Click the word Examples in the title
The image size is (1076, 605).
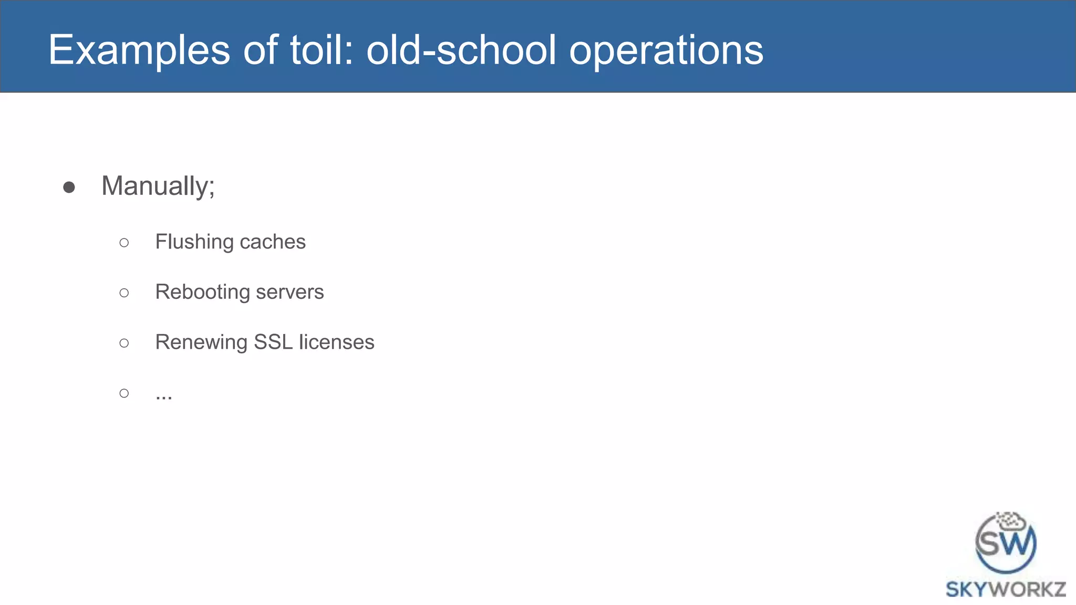[139, 50]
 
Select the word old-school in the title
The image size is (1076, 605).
[461, 50]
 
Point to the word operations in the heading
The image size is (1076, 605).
[666, 50]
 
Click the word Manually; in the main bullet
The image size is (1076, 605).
[158, 186]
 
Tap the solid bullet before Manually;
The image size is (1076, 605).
[69, 187]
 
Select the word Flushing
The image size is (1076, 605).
[194, 242]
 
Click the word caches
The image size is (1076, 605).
[273, 242]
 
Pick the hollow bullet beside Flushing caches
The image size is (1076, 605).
[124, 243]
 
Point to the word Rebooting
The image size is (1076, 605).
[202, 292]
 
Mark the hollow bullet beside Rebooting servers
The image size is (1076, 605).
[124, 293]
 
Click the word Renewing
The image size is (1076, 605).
[201, 342]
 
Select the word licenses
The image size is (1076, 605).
[336, 342]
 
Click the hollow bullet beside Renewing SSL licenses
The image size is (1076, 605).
[124, 343]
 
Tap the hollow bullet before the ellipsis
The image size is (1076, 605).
[124, 393]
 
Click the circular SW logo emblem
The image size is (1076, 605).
[1006, 543]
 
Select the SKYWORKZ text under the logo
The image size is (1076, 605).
[1006, 589]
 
